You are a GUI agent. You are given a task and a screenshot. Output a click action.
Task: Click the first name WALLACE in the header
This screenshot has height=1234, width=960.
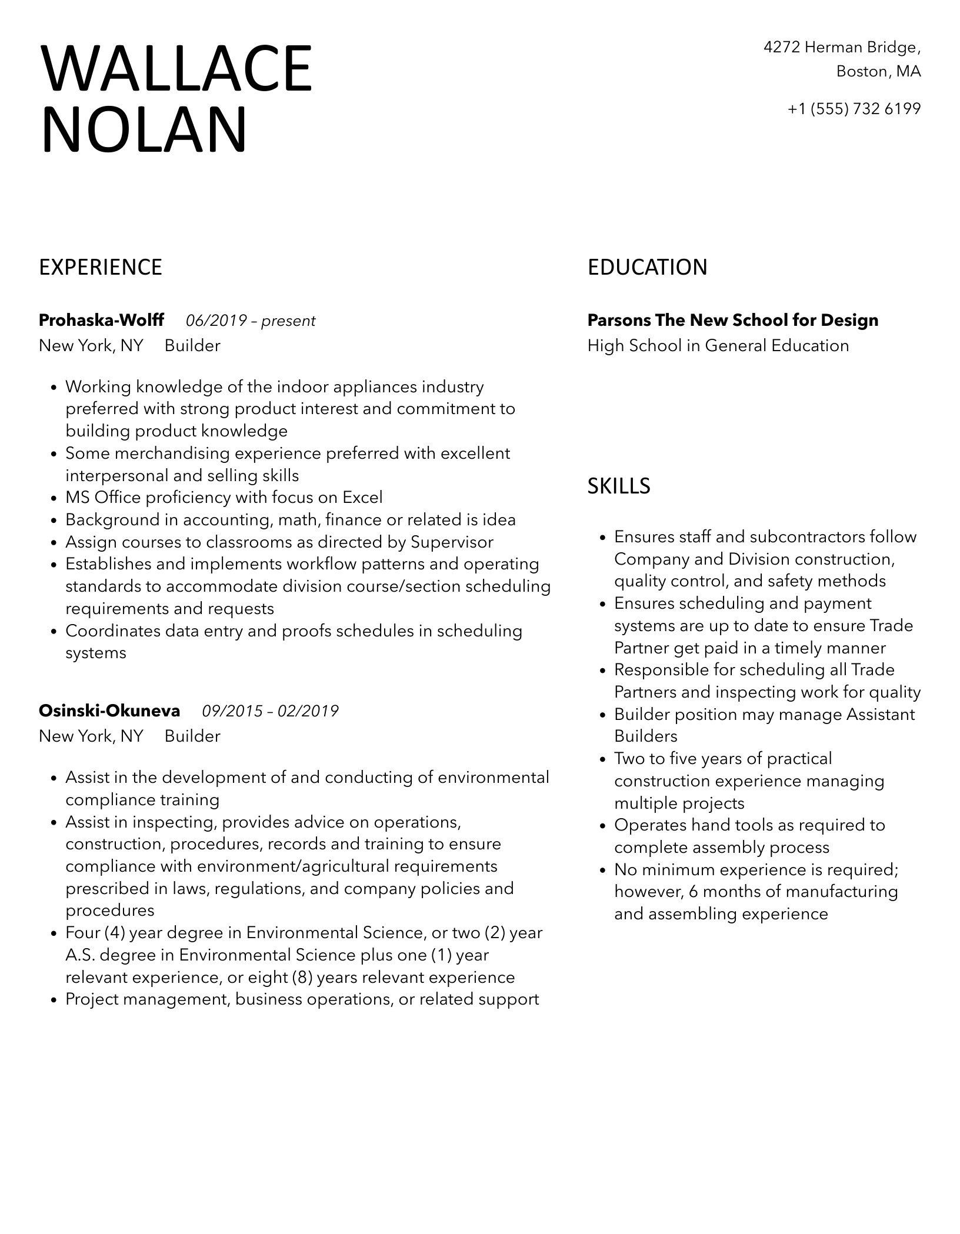click(176, 69)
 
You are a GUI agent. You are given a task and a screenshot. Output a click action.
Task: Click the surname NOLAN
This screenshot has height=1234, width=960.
click(144, 131)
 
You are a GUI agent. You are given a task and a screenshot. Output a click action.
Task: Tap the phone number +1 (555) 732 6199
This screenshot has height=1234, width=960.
click(854, 109)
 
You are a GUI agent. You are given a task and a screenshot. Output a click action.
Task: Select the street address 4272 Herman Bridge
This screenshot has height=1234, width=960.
click(842, 47)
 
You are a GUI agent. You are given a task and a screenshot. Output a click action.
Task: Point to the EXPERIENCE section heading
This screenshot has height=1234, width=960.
click(101, 268)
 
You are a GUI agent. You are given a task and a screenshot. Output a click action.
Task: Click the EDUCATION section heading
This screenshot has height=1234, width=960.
click(647, 268)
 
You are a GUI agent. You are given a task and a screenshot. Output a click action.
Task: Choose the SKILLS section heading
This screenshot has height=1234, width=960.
click(619, 486)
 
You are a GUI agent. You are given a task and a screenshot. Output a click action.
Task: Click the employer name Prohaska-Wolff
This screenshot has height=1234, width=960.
click(101, 321)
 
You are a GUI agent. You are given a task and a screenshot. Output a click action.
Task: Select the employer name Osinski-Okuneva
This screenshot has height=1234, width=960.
click(109, 711)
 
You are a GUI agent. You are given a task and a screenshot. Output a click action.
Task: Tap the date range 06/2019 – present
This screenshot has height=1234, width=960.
click(251, 321)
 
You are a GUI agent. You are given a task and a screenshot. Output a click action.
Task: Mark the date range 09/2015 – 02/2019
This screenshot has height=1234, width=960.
click(270, 712)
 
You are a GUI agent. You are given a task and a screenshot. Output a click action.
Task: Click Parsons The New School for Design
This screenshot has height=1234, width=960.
click(732, 321)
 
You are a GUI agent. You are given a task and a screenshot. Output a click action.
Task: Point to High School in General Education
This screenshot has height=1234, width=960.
click(718, 346)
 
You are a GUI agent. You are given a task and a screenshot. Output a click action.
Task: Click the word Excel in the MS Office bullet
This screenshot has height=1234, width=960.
click(362, 498)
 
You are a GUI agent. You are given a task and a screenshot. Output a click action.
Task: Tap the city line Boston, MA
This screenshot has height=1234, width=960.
click(878, 72)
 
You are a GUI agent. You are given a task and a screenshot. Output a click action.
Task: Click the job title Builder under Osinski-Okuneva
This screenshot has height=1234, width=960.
click(192, 736)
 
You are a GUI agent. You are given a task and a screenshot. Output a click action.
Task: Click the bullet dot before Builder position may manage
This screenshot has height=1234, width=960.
click(602, 716)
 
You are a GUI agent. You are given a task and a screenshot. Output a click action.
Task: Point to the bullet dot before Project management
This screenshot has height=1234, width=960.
click(54, 1000)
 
